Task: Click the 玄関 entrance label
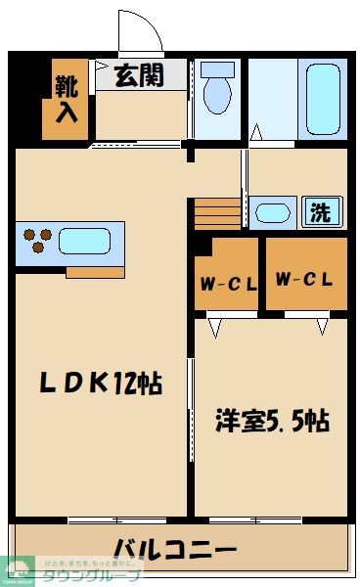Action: [140, 75]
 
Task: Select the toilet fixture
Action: [217, 90]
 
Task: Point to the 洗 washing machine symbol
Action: [320, 211]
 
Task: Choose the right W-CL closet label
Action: [303, 279]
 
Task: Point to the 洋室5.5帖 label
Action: [271, 422]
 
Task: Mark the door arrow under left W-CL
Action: [214, 327]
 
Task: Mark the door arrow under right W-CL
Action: [321, 326]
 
